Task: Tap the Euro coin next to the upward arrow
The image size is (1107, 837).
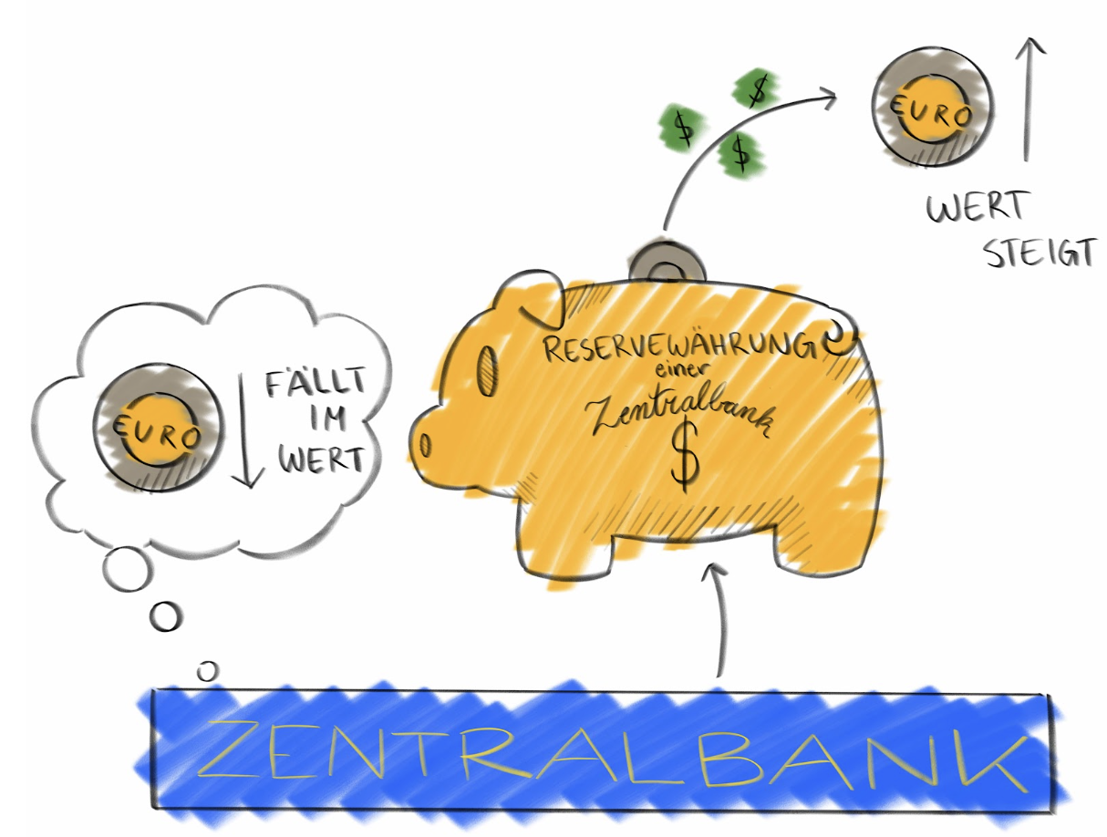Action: pyautogui.click(x=934, y=109)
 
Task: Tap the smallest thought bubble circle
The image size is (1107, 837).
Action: pyautogui.click(x=208, y=670)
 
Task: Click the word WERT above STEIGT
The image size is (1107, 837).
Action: pyautogui.click(x=976, y=209)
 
